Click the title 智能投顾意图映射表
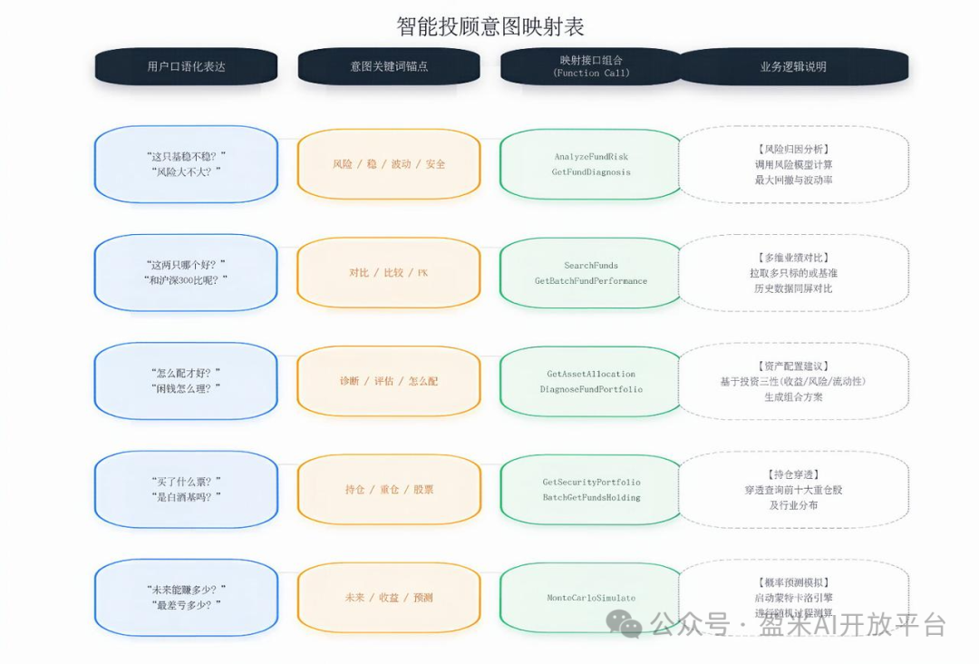coord(490,25)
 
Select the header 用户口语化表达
coord(186,66)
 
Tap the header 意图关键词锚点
coord(389,66)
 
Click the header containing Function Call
coord(591,66)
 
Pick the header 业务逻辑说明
coord(793,66)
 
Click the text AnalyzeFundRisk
coord(591,157)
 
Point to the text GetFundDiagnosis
coord(591,172)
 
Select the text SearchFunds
coord(591,266)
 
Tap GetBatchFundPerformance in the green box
coord(591,281)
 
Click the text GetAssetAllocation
coord(591,374)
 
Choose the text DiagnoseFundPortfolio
coord(591,389)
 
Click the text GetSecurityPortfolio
coord(591,482)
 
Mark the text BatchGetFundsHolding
coord(591,497)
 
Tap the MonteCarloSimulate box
coord(591,598)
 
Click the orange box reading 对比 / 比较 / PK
coord(389,272)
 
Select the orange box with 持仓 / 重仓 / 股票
coord(389,489)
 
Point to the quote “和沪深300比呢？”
coord(186,280)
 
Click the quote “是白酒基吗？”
coord(186,497)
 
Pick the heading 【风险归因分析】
coord(793,149)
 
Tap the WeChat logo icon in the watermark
coord(624,623)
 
